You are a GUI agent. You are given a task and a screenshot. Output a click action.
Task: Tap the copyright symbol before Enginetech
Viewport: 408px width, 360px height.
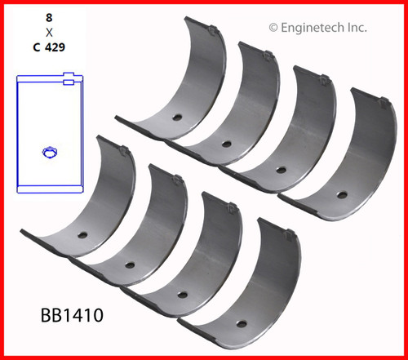tap(273, 27)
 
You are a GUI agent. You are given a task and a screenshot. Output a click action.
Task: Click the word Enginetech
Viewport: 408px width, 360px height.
tap(313, 27)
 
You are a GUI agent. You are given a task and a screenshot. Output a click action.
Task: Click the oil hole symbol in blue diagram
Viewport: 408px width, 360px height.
tap(47, 152)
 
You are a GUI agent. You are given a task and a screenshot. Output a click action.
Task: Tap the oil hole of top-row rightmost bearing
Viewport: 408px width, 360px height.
tap(341, 195)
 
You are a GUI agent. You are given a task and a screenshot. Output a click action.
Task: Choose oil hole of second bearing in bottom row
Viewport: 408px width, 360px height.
tap(129, 264)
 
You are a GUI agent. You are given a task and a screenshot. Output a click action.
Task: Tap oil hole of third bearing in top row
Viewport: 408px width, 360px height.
tap(281, 170)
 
